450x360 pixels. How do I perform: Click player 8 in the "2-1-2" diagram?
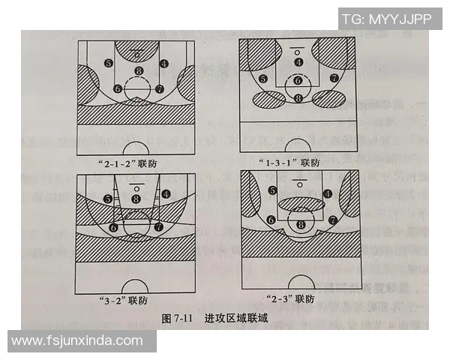coord(138,71)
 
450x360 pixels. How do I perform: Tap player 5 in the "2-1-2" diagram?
coord(109,64)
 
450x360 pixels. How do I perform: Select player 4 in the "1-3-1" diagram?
coord(298,62)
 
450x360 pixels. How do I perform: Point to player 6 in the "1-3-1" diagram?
coord(298,80)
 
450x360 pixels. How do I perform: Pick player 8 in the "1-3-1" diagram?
coord(298,97)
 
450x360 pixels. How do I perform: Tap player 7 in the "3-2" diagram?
coord(158,226)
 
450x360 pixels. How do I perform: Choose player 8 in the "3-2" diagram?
coord(136,199)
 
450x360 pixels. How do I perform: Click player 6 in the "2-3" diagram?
coord(270,220)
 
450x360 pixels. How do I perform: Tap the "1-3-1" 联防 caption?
coord(292,162)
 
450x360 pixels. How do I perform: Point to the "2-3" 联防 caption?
coord(293,300)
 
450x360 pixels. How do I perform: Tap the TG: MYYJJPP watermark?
coord(386,19)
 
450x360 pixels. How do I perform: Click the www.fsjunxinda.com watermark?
coord(77,340)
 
